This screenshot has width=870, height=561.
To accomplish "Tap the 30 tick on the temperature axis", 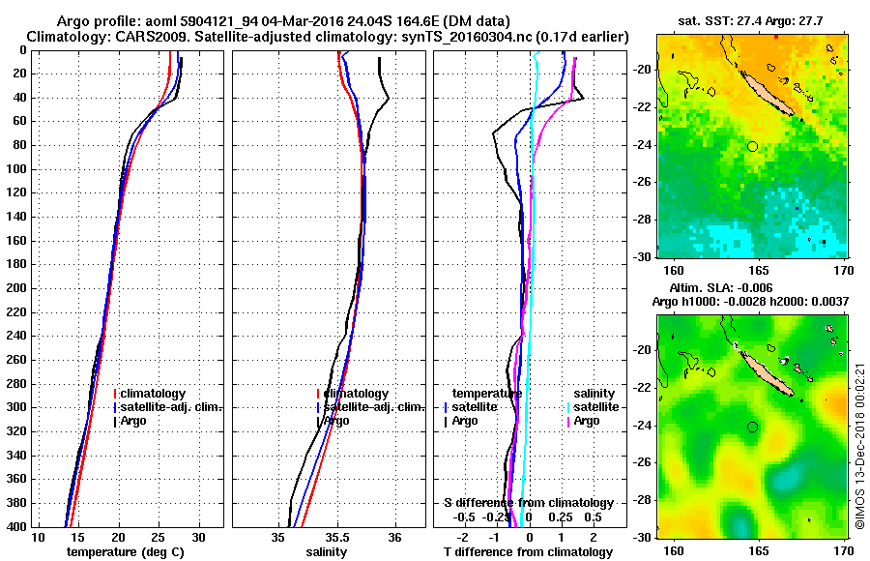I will (199, 538).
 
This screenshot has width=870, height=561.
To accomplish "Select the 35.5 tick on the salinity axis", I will (337, 538).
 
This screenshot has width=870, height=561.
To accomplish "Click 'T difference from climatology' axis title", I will (528, 551).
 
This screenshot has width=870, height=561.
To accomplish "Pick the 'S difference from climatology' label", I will (528, 503).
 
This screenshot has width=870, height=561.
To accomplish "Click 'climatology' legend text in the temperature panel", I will (154, 394).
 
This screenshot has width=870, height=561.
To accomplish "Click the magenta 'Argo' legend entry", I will (587, 421).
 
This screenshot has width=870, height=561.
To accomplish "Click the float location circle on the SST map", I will (752, 146).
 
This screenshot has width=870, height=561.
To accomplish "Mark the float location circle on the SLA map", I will (752, 427).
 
